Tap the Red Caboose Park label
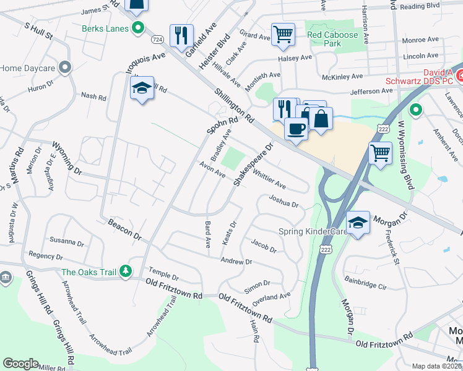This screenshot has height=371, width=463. tap(332, 40)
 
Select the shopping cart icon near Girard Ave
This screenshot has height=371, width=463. tap(283, 35)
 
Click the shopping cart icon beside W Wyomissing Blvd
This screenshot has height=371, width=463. tap(381, 153)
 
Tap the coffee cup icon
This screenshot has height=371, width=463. tap(296, 129)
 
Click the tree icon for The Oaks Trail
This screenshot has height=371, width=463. tap(126, 271)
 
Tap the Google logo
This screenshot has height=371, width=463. tap(21, 364)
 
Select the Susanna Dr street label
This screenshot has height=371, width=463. tap(67, 242)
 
